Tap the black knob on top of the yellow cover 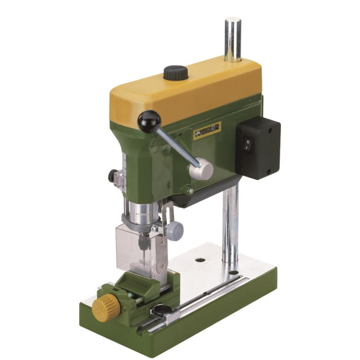click(176, 73)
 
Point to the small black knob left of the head click(112, 176)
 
